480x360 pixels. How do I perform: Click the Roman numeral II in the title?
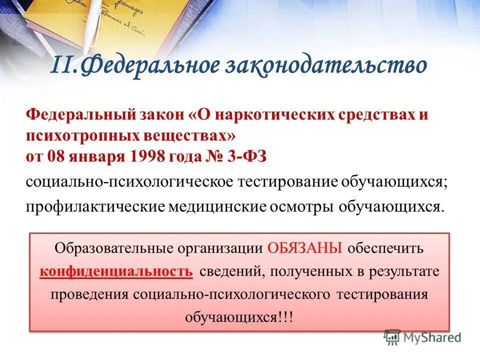64,66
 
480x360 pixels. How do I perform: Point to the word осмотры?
304,206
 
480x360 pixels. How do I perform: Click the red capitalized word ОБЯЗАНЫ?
305,248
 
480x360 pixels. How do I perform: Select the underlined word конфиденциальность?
116,271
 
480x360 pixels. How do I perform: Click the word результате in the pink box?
404,271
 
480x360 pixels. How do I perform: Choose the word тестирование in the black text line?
289,182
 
